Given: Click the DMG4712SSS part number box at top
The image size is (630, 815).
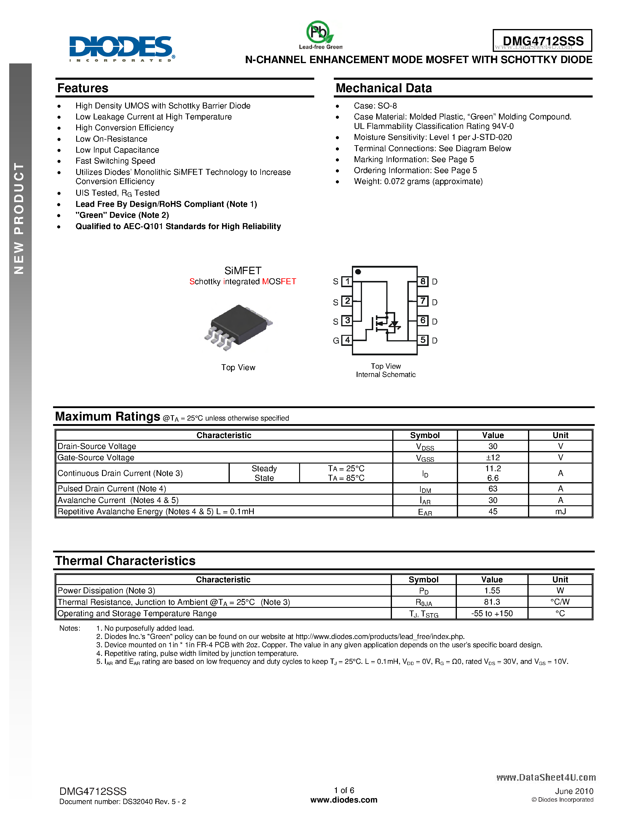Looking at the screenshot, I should pyautogui.click(x=542, y=41).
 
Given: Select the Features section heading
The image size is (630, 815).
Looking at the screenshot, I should pyautogui.click(x=83, y=88).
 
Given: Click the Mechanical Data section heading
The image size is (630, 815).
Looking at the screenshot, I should pyautogui.click(x=383, y=88).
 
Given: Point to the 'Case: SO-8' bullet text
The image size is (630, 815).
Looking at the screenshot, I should pyautogui.click(x=375, y=106).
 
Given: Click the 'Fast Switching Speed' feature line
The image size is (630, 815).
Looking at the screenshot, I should pyautogui.click(x=115, y=161).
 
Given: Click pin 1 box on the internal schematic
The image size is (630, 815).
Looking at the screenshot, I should pyautogui.click(x=347, y=281).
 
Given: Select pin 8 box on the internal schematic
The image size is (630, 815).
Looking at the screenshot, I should pyautogui.click(x=423, y=281).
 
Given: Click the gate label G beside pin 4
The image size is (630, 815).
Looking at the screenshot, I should pyautogui.click(x=336, y=340).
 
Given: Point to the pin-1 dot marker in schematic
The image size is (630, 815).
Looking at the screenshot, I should pyautogui.click(x=358, y=272).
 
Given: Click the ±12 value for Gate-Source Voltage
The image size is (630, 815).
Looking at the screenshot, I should pyautogui.click(x=493, y=458).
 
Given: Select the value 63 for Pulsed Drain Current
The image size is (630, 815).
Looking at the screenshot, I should pyautogui.click(x=493, y=489).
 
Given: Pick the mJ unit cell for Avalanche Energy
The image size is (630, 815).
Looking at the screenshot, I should pyautogui.click(x=560, y=512).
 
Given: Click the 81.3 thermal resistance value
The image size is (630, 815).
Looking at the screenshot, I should pyautogui.click(x=492, y=602).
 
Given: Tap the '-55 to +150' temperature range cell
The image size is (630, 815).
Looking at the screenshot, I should pyautogui.click(x=492, y=613).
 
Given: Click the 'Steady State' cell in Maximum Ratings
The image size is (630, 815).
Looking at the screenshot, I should pyautogui.click(x=264, y=473).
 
